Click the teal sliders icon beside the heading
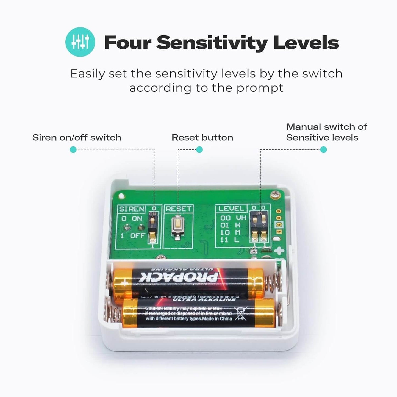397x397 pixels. pyautogui.click(x=80, y=42)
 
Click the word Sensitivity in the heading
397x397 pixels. pyautogui.click(x=212, y=43)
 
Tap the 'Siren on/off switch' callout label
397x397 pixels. pyautogui.click(x=77, y=137)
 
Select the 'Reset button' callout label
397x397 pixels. pyautogui.click(x=202, y=137)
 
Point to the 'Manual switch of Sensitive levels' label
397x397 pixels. pyautogui.click(x=326, y=132)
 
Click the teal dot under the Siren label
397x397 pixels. pyautogui.click(x=73, y=150)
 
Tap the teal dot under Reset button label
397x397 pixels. pyautogui.click(x=199, y=150)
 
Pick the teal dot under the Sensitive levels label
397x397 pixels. pyautogui.click(x=324, y=150)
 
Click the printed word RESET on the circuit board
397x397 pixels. pyautogui.click(x=178, y=209)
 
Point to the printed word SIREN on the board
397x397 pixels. pyautogui.click(x=132, y=209)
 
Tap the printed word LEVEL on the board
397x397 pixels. pyautogui.click(x=231, y=209)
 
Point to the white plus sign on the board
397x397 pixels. pyautogui.click(x=279, y=251)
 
